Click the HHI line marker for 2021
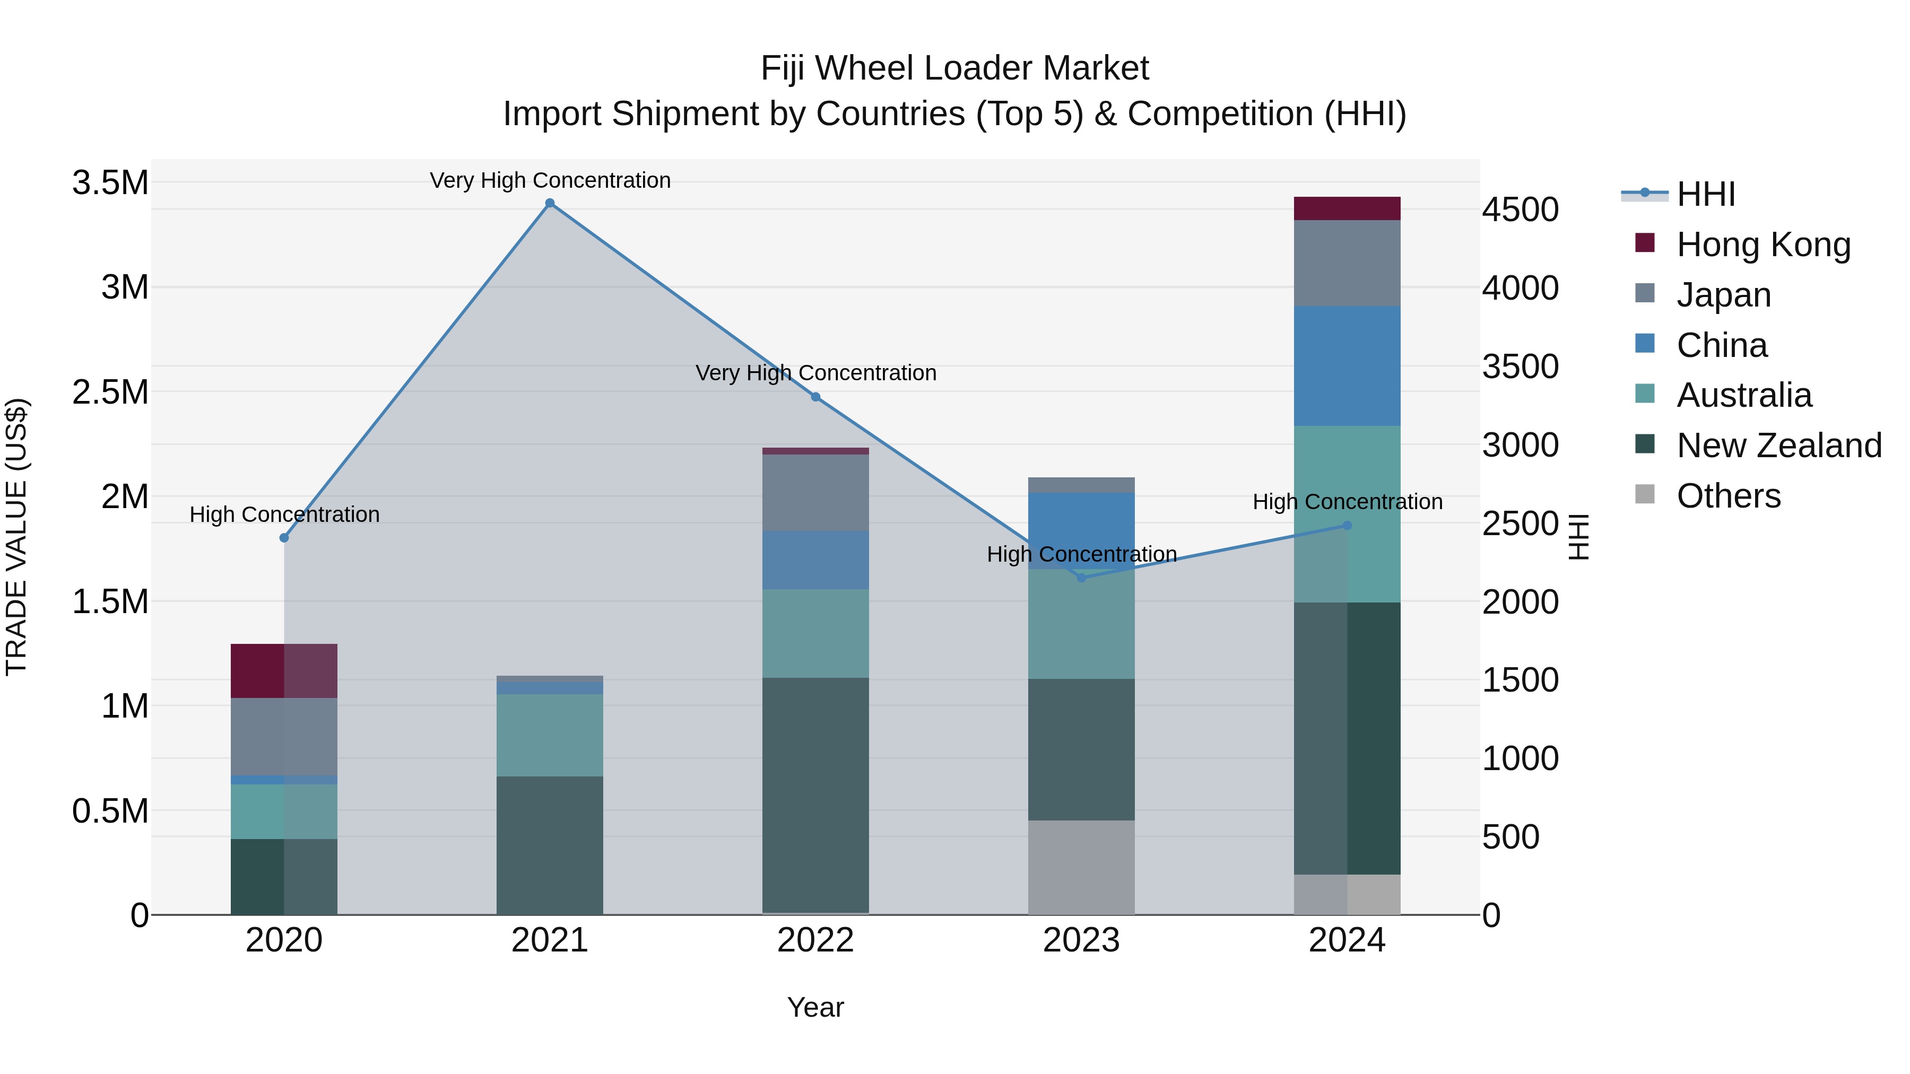tap(550, 203)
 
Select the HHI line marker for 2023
tap(1081, 578)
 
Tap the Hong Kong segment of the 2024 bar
tap(1347, 208)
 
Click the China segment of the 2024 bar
tap(1347, 365)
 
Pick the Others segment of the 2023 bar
tap(1081, 867)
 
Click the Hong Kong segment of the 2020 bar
tap(284, 671)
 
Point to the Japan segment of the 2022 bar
tap(815, 492)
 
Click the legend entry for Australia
tap(1743, 395)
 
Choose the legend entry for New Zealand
tap(1778, 446)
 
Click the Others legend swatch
tap(1645, 494)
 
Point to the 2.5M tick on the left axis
tap(110, 392)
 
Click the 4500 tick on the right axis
tap(1520, 209)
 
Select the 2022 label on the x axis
tap(815, 940)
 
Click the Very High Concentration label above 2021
tap(550, 180)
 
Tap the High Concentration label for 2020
tap(284, 514)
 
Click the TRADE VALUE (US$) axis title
tap(17, 537)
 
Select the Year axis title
tap(815, 1007)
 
